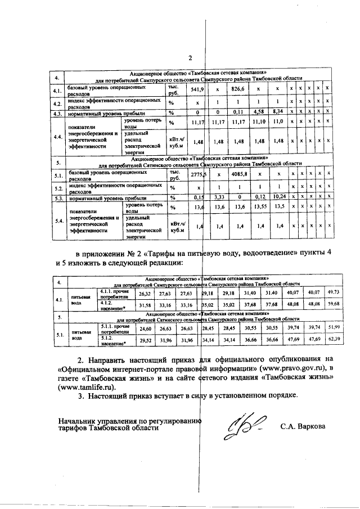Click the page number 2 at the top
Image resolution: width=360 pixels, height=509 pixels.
click(x=190, y=58)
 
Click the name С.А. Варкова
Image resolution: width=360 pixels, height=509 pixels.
click(x=303, y=426)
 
